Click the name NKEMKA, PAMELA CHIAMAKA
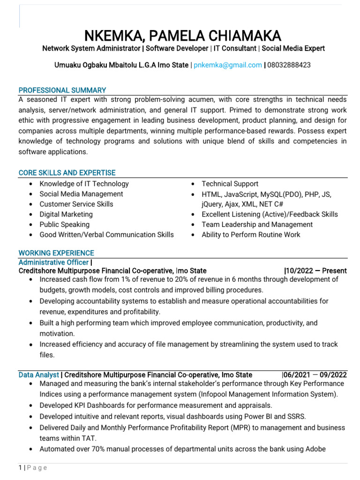(x=183, y=35)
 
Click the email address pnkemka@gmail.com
(x=228, y=65)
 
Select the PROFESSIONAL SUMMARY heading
(x=62, y=90)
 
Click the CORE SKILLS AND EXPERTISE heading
(x=67, y=173)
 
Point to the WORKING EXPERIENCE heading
(x=56, y=253)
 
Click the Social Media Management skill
(x=81, y=194)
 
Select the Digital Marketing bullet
(x=66, y=214)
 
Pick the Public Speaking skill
(x=64, y=225)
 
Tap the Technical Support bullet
(x=230, y=184)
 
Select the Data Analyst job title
(x=39, y=375)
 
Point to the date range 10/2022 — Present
(x=316, y=270)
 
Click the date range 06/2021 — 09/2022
(x=315, y=375)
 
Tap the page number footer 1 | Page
(x=33, y=467)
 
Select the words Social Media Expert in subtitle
(x=293, y=48)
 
